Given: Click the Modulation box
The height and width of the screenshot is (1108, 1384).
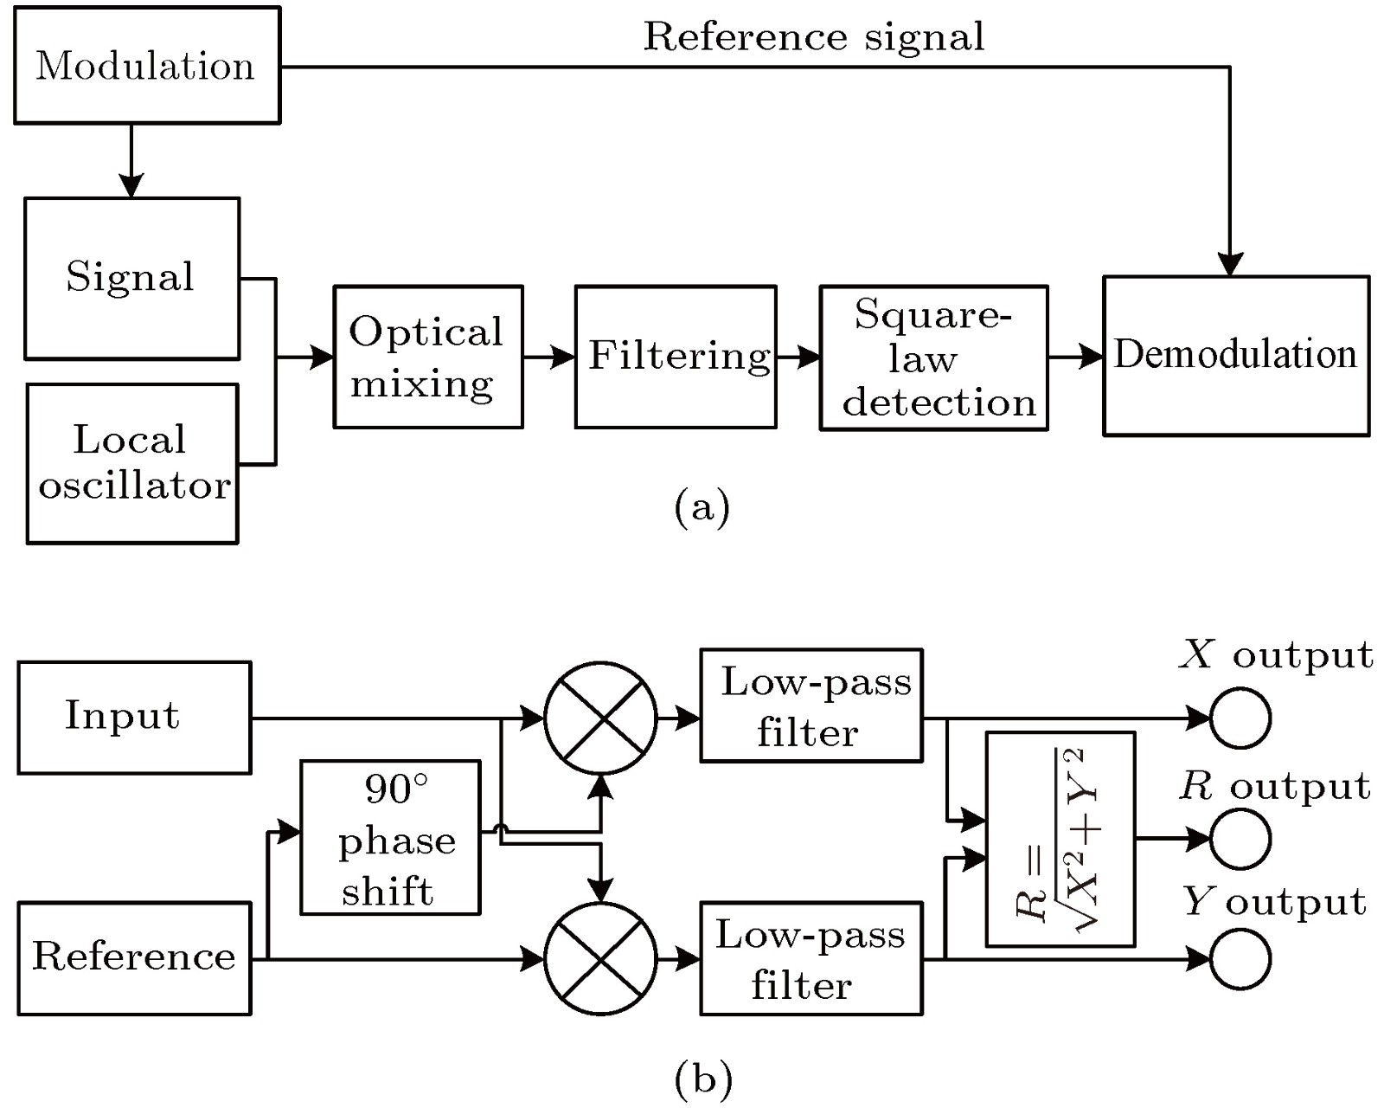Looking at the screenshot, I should tap(147, 66).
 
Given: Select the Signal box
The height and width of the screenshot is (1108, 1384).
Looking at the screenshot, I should tap(131, 278).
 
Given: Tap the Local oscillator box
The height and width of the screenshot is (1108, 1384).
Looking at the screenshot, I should tap(132, 463).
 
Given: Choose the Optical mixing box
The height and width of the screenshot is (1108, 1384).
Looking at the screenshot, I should tap(428, 357).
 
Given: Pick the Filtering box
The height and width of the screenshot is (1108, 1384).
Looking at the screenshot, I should tap(676, 357).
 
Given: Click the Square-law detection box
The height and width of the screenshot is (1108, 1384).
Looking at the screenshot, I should tap(933, 358).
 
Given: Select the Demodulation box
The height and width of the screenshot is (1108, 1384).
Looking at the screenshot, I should tap(1235, 356).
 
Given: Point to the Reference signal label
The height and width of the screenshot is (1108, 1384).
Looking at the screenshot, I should tap(813, 36).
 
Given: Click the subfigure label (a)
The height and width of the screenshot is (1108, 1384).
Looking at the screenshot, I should tap(702, 506).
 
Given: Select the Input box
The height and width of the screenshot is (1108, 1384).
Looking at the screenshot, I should tap(134, 718).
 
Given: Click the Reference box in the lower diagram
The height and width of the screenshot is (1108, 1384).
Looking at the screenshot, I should tap(134, 957).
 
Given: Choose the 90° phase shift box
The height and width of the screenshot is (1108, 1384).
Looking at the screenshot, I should tap(390, 837).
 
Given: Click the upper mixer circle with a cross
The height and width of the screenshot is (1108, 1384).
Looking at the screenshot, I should tap(600, 718).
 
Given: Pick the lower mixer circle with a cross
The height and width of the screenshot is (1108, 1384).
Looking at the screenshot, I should tap(600, 958).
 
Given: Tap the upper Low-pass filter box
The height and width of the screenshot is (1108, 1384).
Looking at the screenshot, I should tap(811, 705).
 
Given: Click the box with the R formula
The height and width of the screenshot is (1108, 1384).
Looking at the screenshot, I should tap(1060, 839).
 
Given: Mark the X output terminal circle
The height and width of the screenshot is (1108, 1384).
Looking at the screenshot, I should tap(1240, 718).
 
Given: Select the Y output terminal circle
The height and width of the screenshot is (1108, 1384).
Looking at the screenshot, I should tap(1240, 959).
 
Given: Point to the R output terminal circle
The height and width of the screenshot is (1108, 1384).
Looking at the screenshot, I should tap(1240, 839).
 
